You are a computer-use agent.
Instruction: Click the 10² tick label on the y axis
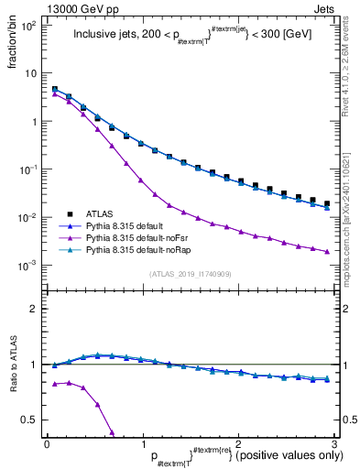(29, 26)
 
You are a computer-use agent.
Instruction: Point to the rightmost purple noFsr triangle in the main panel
(327, 251)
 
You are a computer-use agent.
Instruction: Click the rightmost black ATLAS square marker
(327, 203)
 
